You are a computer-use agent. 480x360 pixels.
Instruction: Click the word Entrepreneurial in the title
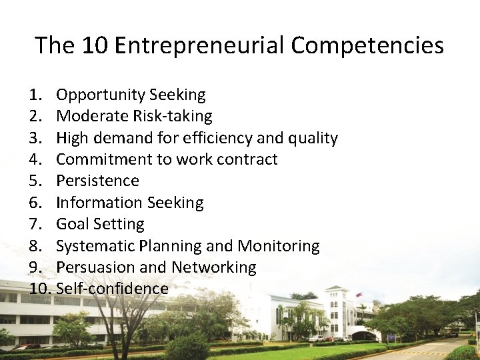201,45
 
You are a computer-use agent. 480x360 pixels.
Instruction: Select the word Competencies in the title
367,45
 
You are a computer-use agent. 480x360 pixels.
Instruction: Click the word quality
313,138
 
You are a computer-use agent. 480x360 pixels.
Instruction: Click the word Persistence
97,181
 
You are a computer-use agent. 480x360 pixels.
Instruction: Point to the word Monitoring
279,246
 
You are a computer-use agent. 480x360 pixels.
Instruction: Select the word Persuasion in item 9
97,267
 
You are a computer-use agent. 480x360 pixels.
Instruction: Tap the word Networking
213,267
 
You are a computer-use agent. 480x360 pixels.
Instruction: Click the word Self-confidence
112,289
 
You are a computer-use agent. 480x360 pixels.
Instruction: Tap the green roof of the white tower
335,289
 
